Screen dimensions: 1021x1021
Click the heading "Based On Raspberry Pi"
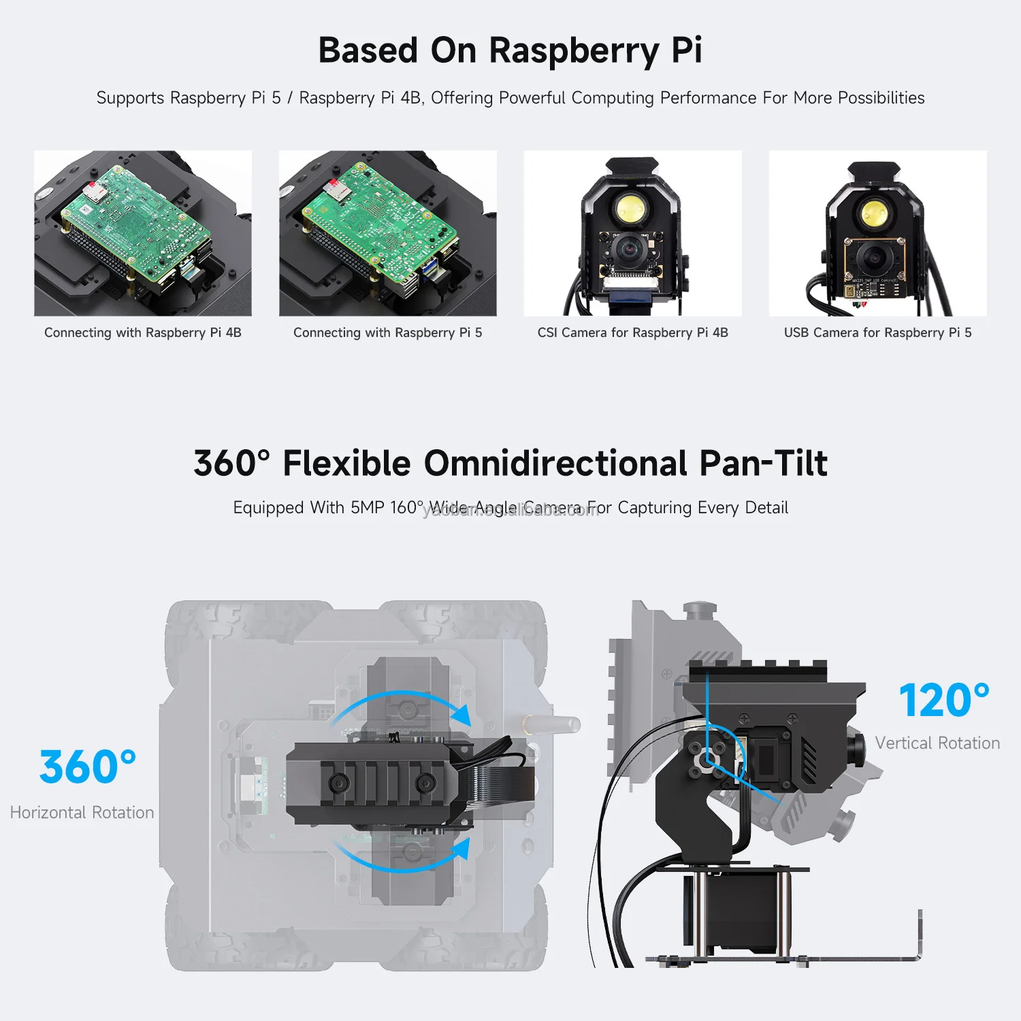510,50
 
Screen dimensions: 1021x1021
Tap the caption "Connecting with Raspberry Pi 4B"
143,333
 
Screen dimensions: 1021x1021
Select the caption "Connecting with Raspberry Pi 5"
387,333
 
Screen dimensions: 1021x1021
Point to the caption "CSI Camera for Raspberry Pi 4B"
632,333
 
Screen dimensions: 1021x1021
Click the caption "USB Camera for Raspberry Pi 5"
877,333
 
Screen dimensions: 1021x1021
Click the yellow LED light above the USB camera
873,213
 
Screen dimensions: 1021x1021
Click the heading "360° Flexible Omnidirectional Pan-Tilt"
510,464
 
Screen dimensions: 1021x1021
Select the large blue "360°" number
87,767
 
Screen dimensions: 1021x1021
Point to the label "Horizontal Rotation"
82,813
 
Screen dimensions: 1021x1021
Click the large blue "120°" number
943,700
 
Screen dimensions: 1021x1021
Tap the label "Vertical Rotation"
937,743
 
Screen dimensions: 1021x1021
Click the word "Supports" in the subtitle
131,98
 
